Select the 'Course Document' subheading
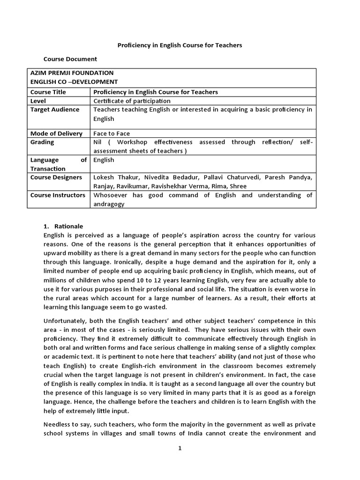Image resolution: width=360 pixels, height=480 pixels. point(70,59)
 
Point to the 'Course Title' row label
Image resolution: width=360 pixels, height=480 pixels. point(48,92)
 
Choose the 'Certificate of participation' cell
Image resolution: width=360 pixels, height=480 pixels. point(132,101)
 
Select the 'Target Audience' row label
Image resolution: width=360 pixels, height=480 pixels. point(55,110)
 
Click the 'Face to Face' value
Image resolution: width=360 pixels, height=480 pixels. point(112,134)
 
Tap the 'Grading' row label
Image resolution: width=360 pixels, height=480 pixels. point(42,142)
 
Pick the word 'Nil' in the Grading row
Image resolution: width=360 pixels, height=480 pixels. point(98,142)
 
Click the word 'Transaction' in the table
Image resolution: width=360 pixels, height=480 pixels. point(48,169)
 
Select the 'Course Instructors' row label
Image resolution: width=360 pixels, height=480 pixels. point(58,195)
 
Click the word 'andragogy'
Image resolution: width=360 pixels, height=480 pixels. point(109,204)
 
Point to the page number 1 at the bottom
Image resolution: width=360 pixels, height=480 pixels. point(180,448)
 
